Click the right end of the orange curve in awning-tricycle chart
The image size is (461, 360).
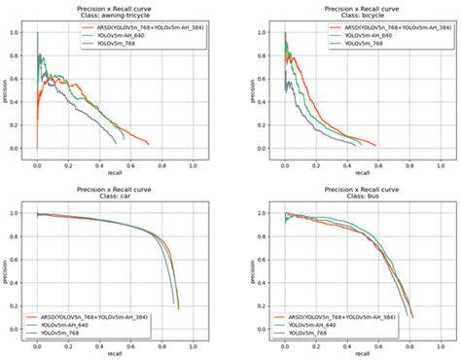(149, 144)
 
